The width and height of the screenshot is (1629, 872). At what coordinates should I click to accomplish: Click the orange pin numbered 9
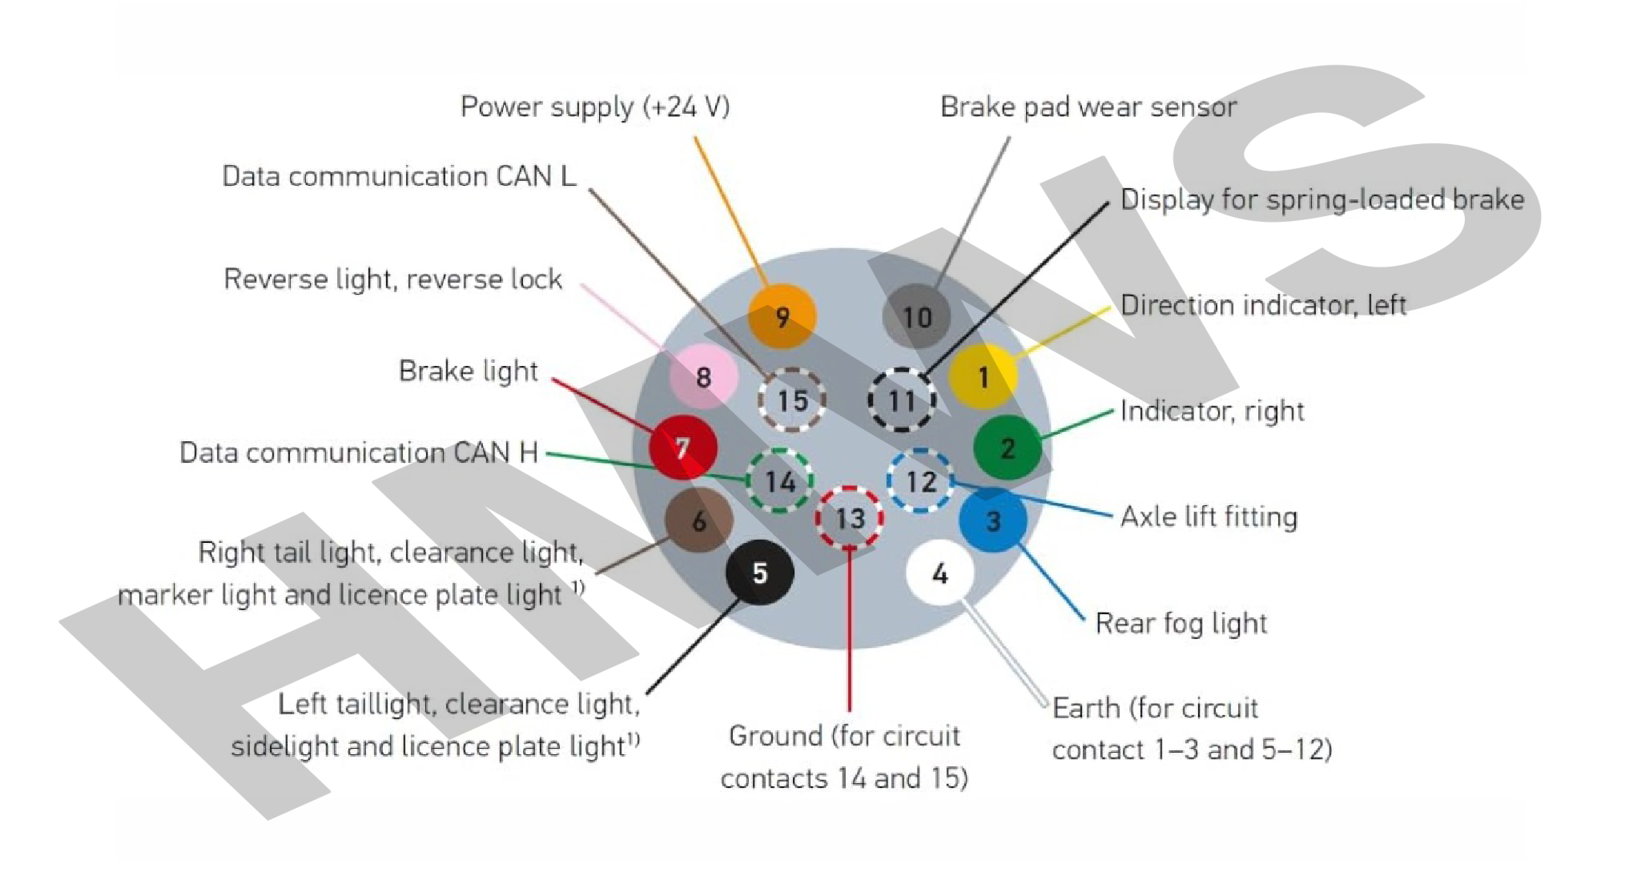(x=782, y=316)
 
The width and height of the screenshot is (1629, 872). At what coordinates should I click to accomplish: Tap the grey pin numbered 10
(x=916, y=316)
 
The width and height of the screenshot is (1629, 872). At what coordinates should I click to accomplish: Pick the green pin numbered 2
(x=1008, y=448)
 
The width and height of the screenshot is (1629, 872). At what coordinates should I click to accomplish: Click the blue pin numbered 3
(x=993, y=520)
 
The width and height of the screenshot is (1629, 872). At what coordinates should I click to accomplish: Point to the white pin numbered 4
(x=939, y=573)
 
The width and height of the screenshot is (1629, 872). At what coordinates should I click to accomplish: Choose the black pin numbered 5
(x=759, y=573)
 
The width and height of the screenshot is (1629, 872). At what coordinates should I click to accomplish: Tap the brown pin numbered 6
(x=698, y=520)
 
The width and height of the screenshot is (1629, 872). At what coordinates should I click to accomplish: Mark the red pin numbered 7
(x=682, y=447)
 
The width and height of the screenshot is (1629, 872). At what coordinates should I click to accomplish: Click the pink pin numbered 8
(x=703, y=376)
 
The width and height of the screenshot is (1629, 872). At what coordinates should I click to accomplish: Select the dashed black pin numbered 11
(x=902, y=400)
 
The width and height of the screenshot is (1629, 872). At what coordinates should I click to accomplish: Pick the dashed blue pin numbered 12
(x=920, y=481)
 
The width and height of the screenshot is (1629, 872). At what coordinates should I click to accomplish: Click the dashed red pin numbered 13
(x=850, y=518)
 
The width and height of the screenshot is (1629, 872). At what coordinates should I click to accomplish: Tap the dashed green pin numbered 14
(x=779, y=481)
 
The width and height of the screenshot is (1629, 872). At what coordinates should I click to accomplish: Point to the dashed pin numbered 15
(x=792, y=400)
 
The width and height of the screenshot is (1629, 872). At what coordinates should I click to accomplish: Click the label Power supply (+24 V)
(x=595, y=106)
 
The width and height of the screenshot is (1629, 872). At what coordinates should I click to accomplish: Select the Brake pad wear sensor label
(x=1088, y=106)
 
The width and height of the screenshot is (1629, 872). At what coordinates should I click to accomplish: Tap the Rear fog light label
(x=1181, y=623)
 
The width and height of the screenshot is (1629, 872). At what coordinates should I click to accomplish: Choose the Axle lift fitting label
(x=1208, y=516)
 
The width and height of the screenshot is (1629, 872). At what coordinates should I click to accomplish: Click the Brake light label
(x=468, y=371)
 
